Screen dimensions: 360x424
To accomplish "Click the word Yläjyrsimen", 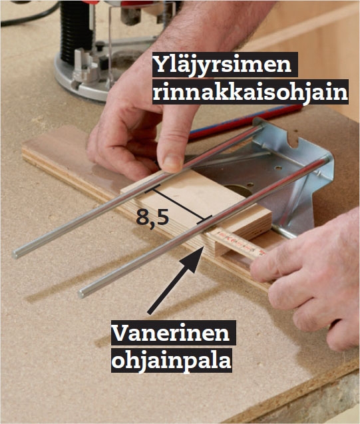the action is coord(222,65).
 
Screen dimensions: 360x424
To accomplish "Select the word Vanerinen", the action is coord(171,333).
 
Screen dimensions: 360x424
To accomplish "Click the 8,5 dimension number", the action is coord(152,218).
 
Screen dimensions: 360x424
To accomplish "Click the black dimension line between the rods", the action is coord(178,204).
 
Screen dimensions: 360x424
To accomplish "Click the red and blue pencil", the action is coord(245,122).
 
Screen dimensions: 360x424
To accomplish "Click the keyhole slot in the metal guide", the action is coord(292,140).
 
